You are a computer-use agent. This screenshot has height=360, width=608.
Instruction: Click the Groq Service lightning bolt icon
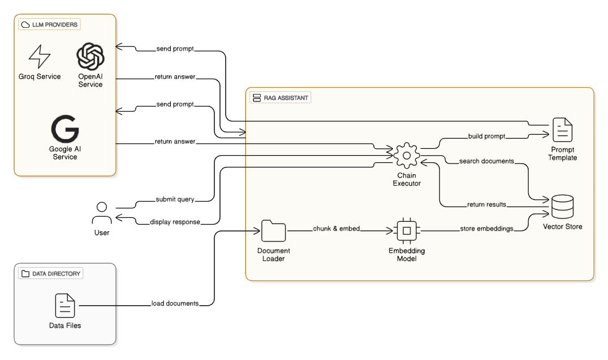[40, 56]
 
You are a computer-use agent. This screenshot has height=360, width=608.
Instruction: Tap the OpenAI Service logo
[90, 57]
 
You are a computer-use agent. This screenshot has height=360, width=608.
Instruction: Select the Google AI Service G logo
[65, 130]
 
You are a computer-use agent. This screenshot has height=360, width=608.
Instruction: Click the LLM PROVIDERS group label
[49, 24]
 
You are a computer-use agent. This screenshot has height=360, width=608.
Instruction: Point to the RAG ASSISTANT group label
[281, 97]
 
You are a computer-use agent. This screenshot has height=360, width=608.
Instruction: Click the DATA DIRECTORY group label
[51, 273]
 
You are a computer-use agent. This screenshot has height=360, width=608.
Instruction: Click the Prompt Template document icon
[562, 130]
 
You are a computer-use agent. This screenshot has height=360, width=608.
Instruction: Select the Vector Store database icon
[562, 207]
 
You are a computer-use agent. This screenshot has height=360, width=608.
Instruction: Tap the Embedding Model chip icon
[406, 231]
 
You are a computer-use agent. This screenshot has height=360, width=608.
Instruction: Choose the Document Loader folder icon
[274, 231]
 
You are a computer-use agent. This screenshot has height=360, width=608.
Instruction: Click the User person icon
[102, 214]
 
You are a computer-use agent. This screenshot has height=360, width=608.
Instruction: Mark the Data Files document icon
[65, 306]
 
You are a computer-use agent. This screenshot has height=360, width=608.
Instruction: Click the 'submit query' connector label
[175, 199]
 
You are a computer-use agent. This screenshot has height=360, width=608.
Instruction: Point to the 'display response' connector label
[175, 222]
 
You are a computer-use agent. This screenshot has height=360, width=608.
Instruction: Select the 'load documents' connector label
[175, 303]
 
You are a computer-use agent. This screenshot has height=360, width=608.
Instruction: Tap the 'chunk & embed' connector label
[337, 229]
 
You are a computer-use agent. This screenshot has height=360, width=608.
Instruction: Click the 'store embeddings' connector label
[486, 229]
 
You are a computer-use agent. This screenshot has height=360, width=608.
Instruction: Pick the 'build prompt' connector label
[486, 136]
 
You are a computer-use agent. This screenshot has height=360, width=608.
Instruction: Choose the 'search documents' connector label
[486, 161]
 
